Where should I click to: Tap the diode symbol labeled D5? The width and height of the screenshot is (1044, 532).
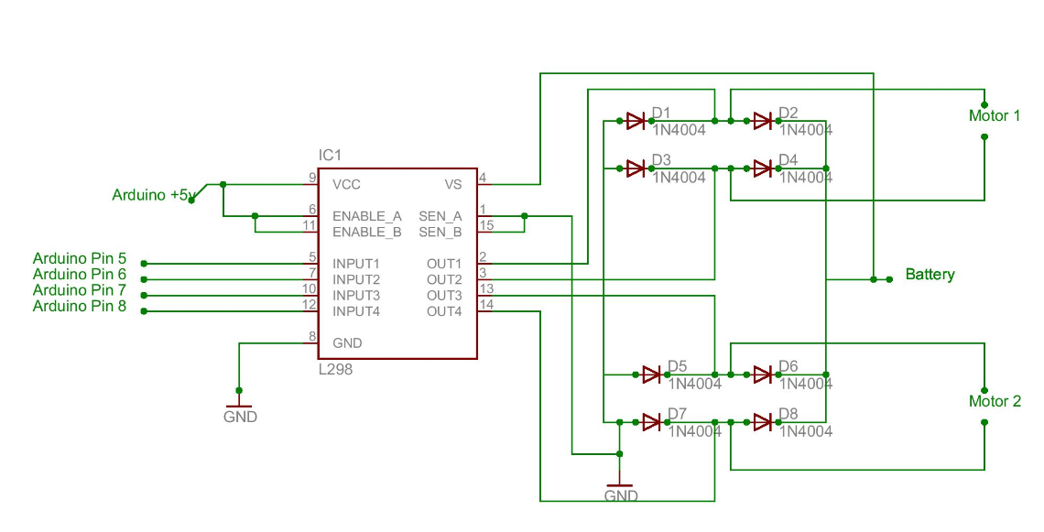(652, 374)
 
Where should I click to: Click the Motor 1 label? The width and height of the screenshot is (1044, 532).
(995, 116)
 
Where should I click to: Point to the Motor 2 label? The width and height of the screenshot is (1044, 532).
(995, 401)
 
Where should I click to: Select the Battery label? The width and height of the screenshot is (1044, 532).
(930, 274)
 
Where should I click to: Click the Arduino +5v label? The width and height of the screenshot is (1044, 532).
(152, 194)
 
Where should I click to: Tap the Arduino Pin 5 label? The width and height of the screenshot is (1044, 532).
(80, 258)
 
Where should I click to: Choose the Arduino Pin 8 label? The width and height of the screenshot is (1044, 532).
(80, 307)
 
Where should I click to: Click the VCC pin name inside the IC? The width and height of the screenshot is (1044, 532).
(346, 184)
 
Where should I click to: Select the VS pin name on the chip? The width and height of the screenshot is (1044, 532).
(453, 184)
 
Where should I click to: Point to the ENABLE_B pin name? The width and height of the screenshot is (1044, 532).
(366, 232)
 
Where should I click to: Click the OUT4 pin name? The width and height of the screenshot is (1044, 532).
(444, 311)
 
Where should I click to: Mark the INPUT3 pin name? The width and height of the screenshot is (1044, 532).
(356, 295)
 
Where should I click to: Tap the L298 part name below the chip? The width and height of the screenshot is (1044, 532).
(334, 370)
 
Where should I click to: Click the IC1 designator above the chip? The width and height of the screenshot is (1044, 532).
(331, 155)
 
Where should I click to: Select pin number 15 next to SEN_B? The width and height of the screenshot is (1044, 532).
(485, 225)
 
